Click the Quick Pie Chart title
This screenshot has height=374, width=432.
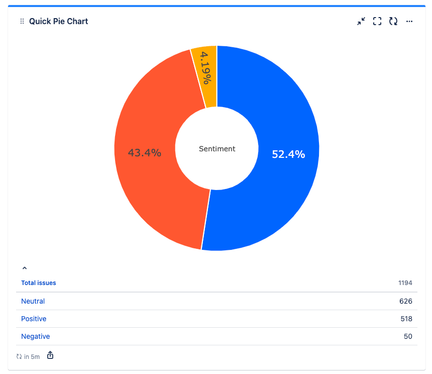pyautogui.click(x=58, y=21)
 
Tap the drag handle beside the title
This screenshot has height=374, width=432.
pyautogui.click(x=22, y=21)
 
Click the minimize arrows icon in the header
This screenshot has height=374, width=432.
pyautogui.click(x=361, y=21)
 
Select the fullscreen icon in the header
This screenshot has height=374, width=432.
pyautogui.click(x=377, y=21)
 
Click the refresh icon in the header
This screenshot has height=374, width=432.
pyautogui.click(x=393, y=21)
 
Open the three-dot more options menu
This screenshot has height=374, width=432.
pyautogui.click(x=409, y=21)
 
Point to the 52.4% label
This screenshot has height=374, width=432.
pyautogui.click(x=288, y=154)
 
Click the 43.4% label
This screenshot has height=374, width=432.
pyautogui.click(x=145, y=153)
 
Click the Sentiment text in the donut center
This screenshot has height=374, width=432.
pyautogui.click(x=217, y=149)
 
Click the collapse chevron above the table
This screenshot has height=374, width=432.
pyautogui.click(x=25, y=268)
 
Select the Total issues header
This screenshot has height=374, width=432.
pyautogui.click(x=39, y=283)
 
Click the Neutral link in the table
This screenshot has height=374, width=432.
pyautogui.click(x=33, y=301)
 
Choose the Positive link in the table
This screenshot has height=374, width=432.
pyautogui.click(x=34, y=319)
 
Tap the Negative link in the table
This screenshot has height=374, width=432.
pyautogui.click(x=36, y=336)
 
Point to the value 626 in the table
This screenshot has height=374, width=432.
pyautogui.click(x=406, y=301)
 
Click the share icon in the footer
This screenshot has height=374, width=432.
pyautogui.click(x=50, y=356)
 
